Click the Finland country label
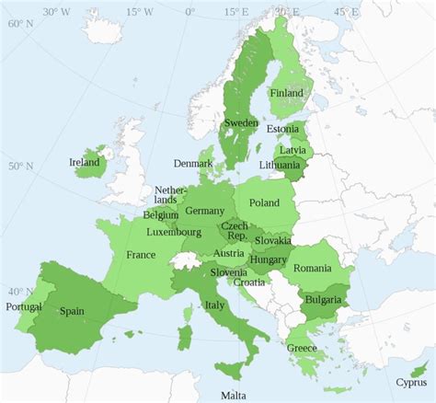[x=287, y=93]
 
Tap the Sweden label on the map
[x=241, y=122]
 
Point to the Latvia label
[x=293, y=149]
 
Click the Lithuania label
[x=280, y=166]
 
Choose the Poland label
[x=265, y=201]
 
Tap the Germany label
[x=204, y=211]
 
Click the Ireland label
[x=85, y=162]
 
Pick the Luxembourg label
[x=173, y=232]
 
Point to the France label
[x=141, y=254]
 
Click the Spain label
[x=73, y=311]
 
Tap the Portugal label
[x=23, y=305]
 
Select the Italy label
[x=214, y=305]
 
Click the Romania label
[x=313, y=267]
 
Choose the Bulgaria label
[x=324, y=300]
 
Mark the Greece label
[x=302, y=348]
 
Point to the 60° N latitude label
[x=20, y=24]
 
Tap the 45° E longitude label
[x=346, y=12]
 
